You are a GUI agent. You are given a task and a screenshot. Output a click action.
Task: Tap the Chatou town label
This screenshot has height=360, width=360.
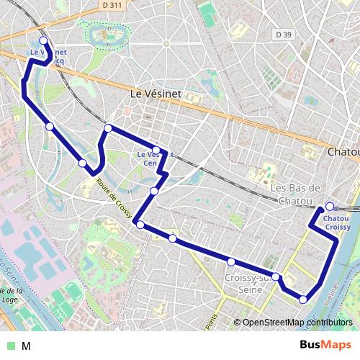pyautogui.click(x=343, y=152)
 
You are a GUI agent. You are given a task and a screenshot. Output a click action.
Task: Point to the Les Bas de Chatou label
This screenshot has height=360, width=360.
pyautogui.click(x=294, y=194)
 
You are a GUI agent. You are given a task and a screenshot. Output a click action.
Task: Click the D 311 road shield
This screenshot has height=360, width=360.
pyautogui.click(x=110, y=5)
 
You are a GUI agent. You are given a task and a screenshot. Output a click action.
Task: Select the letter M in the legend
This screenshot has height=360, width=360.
pyautogui.click(x=25, y=346)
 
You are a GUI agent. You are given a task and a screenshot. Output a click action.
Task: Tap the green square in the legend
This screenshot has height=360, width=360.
pyautogui.click(x=11, y=346)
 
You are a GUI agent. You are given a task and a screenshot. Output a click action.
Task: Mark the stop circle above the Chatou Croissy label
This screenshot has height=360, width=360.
pyautogui.click(x=330, y=207)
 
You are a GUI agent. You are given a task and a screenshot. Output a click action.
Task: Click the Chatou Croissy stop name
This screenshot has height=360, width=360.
pyautogui.click(x=337, y=222)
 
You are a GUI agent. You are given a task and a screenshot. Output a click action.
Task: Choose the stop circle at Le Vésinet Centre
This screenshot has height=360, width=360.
pyautogui.click(x=156, y=150)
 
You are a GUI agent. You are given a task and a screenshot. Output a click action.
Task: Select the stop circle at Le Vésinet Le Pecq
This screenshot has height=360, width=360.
pyautogui.click(x=43, y=41)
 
